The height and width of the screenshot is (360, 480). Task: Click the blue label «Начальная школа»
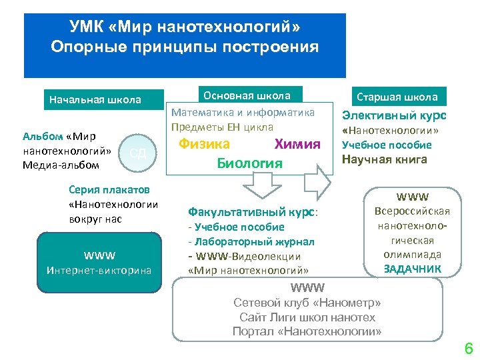coord(95,100)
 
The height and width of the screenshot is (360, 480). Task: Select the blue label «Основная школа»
coord(247,95)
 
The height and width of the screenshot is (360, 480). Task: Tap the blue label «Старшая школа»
coord(397,97)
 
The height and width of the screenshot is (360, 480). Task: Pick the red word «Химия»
coord(297,144)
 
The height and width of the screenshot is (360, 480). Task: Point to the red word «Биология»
coord(250,163)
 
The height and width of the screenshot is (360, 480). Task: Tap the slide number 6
coord(468,348)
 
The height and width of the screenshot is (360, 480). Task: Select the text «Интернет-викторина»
coord(99,270)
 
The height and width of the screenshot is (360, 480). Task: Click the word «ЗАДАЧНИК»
coord(412,269)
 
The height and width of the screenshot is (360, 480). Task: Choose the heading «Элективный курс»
coord(394,115)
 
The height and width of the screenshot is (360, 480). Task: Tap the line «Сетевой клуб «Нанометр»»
coord(307,303)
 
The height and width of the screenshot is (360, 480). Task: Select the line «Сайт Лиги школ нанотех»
coord(307,317)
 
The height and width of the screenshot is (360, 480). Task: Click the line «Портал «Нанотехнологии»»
coord(307,331)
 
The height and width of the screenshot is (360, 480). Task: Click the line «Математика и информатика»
coord(243,113)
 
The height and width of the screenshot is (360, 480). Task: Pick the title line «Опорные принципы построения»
coord(185,47)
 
